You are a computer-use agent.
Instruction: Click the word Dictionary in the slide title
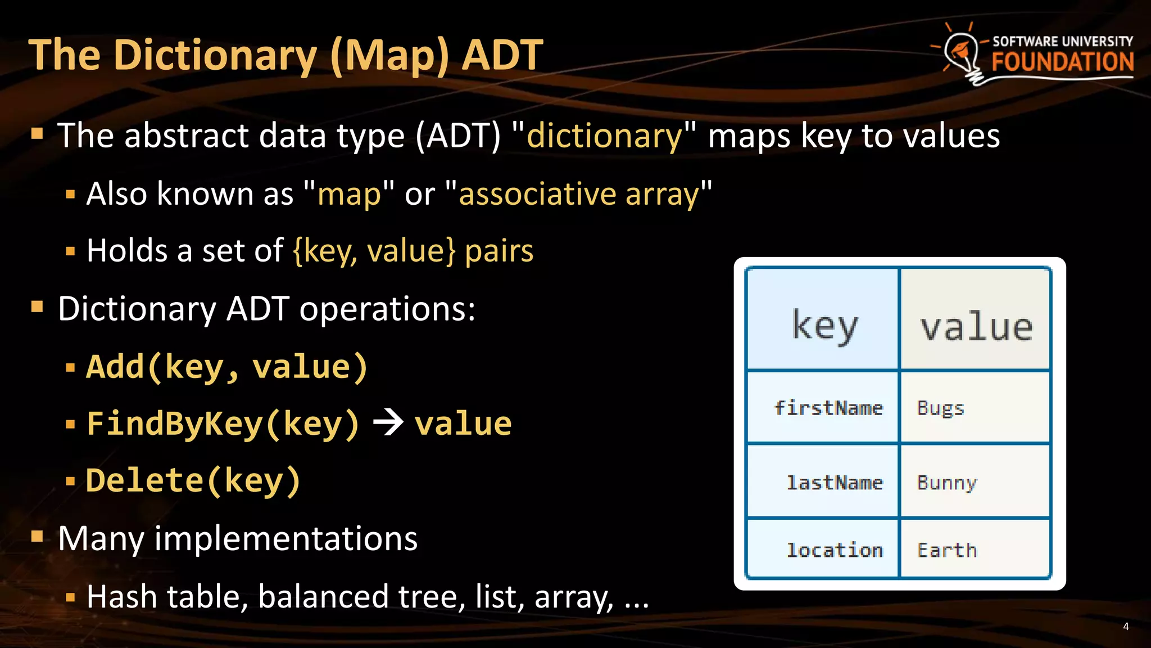pyautogui.click(x=215, y=56)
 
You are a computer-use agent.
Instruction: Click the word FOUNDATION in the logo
pyautogui.click(x=1062, y=62)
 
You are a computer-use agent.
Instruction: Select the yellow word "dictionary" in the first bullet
pyautogui.click(x=604, y=136)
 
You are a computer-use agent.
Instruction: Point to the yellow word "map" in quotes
pyautogui.click(x=349, y=195)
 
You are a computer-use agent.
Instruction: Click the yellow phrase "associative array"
pyautogui.click(x=579, y=195)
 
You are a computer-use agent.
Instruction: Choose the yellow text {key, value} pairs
pyautogui.click(x=413, y=251)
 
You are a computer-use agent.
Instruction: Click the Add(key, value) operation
pyautogui.click(x=227, y=367)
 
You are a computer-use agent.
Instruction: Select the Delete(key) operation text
pyautogui.click(x=193, y=481)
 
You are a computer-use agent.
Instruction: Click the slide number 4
pyautogui.click(x=1126, y=627)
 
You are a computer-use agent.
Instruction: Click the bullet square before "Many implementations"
pyautogui.click(x=37, y=537)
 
